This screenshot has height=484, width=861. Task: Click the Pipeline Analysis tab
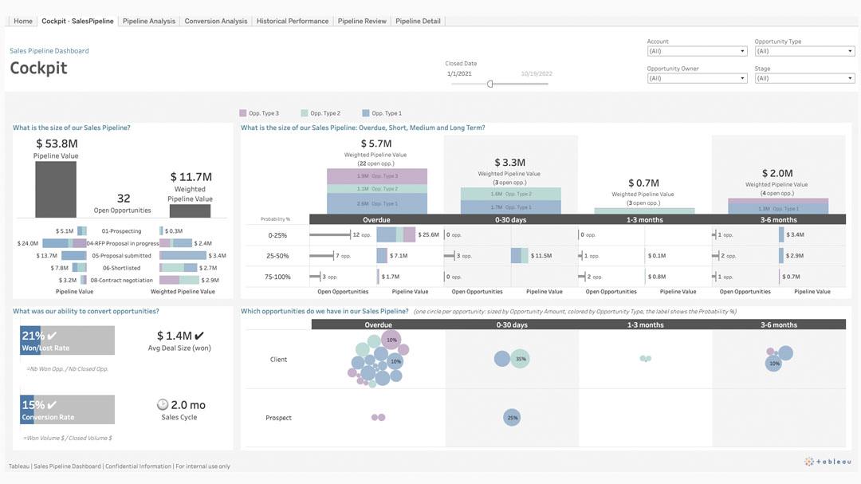[149, 22]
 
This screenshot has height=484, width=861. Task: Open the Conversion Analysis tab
[216, 22]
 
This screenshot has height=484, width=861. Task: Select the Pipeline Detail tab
[418, 22]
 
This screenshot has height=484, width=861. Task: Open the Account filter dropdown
[697, 51]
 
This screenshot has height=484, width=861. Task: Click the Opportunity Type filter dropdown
[804, 51]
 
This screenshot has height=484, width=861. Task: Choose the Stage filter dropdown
[804, 78]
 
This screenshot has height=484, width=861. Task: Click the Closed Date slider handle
[490, 84]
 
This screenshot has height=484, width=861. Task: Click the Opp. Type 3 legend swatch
[243, 113]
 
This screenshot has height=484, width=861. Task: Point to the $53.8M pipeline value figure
[57, 144]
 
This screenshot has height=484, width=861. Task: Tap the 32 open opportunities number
[124, 199]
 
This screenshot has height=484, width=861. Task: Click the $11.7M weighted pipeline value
[191, 177]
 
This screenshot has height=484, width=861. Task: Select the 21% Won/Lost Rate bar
[67, 340]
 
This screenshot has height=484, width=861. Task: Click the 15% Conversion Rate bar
[67, 409]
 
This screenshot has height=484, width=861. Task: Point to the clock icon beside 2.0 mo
[163, 404]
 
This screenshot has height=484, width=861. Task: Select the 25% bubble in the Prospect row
[512, 417]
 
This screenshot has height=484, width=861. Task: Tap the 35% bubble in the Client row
[520, 359]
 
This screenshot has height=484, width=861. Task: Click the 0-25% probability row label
[277, 235]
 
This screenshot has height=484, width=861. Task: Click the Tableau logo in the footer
[829, 462]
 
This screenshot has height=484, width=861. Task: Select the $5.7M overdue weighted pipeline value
[376, 144]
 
